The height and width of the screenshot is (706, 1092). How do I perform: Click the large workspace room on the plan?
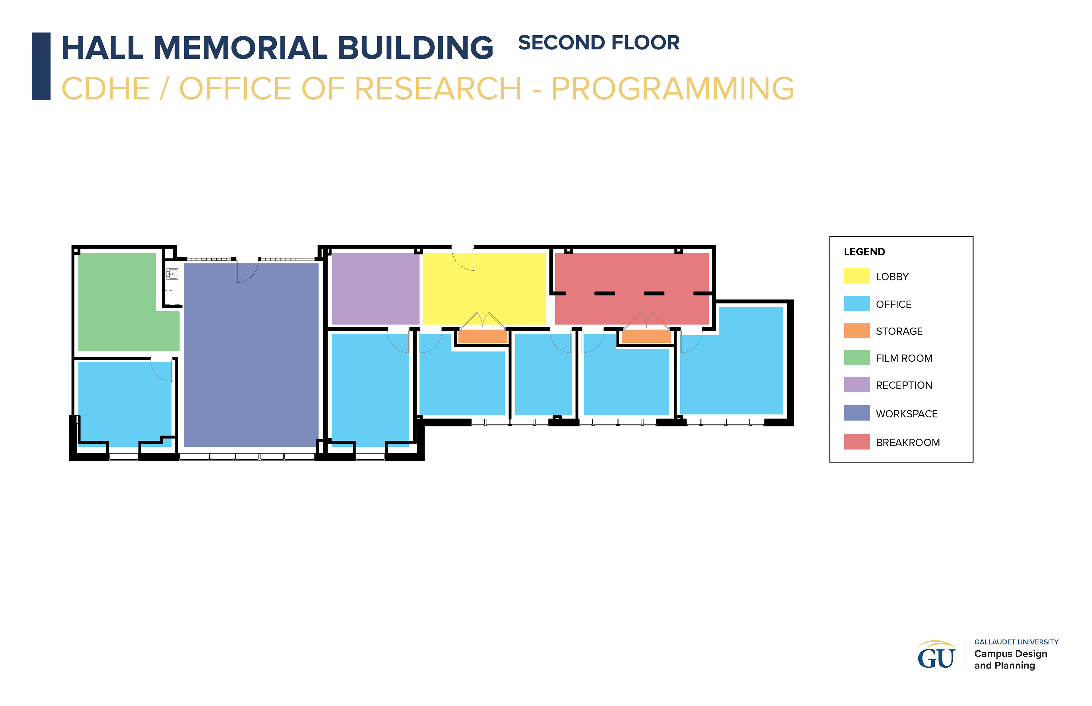(x=251, y=354)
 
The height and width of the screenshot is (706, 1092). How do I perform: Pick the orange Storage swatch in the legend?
(x=857, y=330)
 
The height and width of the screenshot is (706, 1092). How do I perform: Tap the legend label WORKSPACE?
(x=907, y=414)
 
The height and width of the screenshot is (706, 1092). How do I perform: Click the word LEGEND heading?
(x=864, y=252)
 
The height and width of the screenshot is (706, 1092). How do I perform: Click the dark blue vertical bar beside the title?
(x=41, y=66)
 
